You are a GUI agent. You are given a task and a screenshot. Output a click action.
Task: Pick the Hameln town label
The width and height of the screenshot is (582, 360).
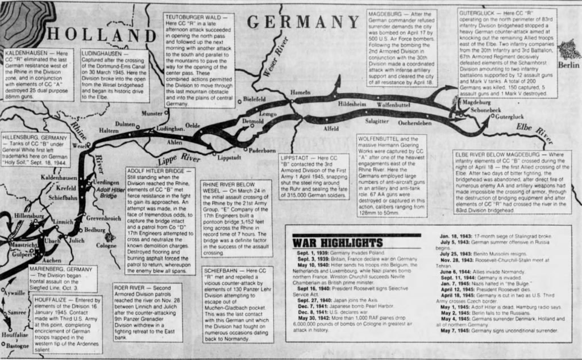[x=301, y=92]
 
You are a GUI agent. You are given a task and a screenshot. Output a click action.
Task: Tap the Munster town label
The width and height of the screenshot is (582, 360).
[x=152, y=113]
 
